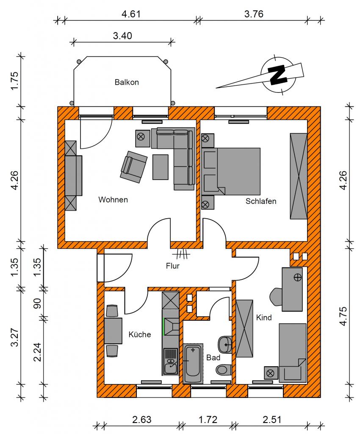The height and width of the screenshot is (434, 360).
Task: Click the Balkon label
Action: pyautogui.click(x=127, y=82)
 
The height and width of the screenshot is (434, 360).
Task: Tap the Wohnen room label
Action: pyautogui.click(x=113, y=200)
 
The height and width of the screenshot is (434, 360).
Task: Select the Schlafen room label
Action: pyautogui.click(x=261, y=201)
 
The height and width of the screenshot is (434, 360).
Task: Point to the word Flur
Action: pyautogui.click(x=173, y=266)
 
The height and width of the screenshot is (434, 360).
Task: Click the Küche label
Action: pyautogui.click(x=140, y=334)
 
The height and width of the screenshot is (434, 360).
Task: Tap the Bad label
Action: pyautogui.click(x=213, y=358)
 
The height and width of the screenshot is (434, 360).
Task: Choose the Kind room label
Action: pyautogui.click(x=264, y=317)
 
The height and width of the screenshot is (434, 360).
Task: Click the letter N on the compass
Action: pyautogui.click(x=278, y=74)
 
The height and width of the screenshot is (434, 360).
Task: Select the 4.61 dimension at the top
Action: pyautogui.click(x=131, y=14)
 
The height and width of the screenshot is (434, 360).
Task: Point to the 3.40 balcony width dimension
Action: pyautogui.click(x=122, y=36)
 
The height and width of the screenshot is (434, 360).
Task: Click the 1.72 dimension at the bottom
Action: pyautogui.click(x=208, y=420)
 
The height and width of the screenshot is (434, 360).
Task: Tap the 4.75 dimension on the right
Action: pyautogui.click(x=343, y=316)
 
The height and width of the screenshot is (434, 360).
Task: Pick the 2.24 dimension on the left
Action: pyautogui.click(x=37, y=352)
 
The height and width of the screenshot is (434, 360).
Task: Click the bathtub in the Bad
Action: pyautogui.click(x=193, y=363)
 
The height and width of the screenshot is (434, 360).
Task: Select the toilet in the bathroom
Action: pyautogui.click(x=224, y=370)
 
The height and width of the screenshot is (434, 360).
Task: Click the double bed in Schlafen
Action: pyautogui.click(x=231, y=171)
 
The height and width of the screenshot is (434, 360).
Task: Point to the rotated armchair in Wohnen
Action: pyautogui.click(x=134, y=167)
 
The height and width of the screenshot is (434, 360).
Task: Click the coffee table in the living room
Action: pyautogui.click(x=161, y=167)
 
